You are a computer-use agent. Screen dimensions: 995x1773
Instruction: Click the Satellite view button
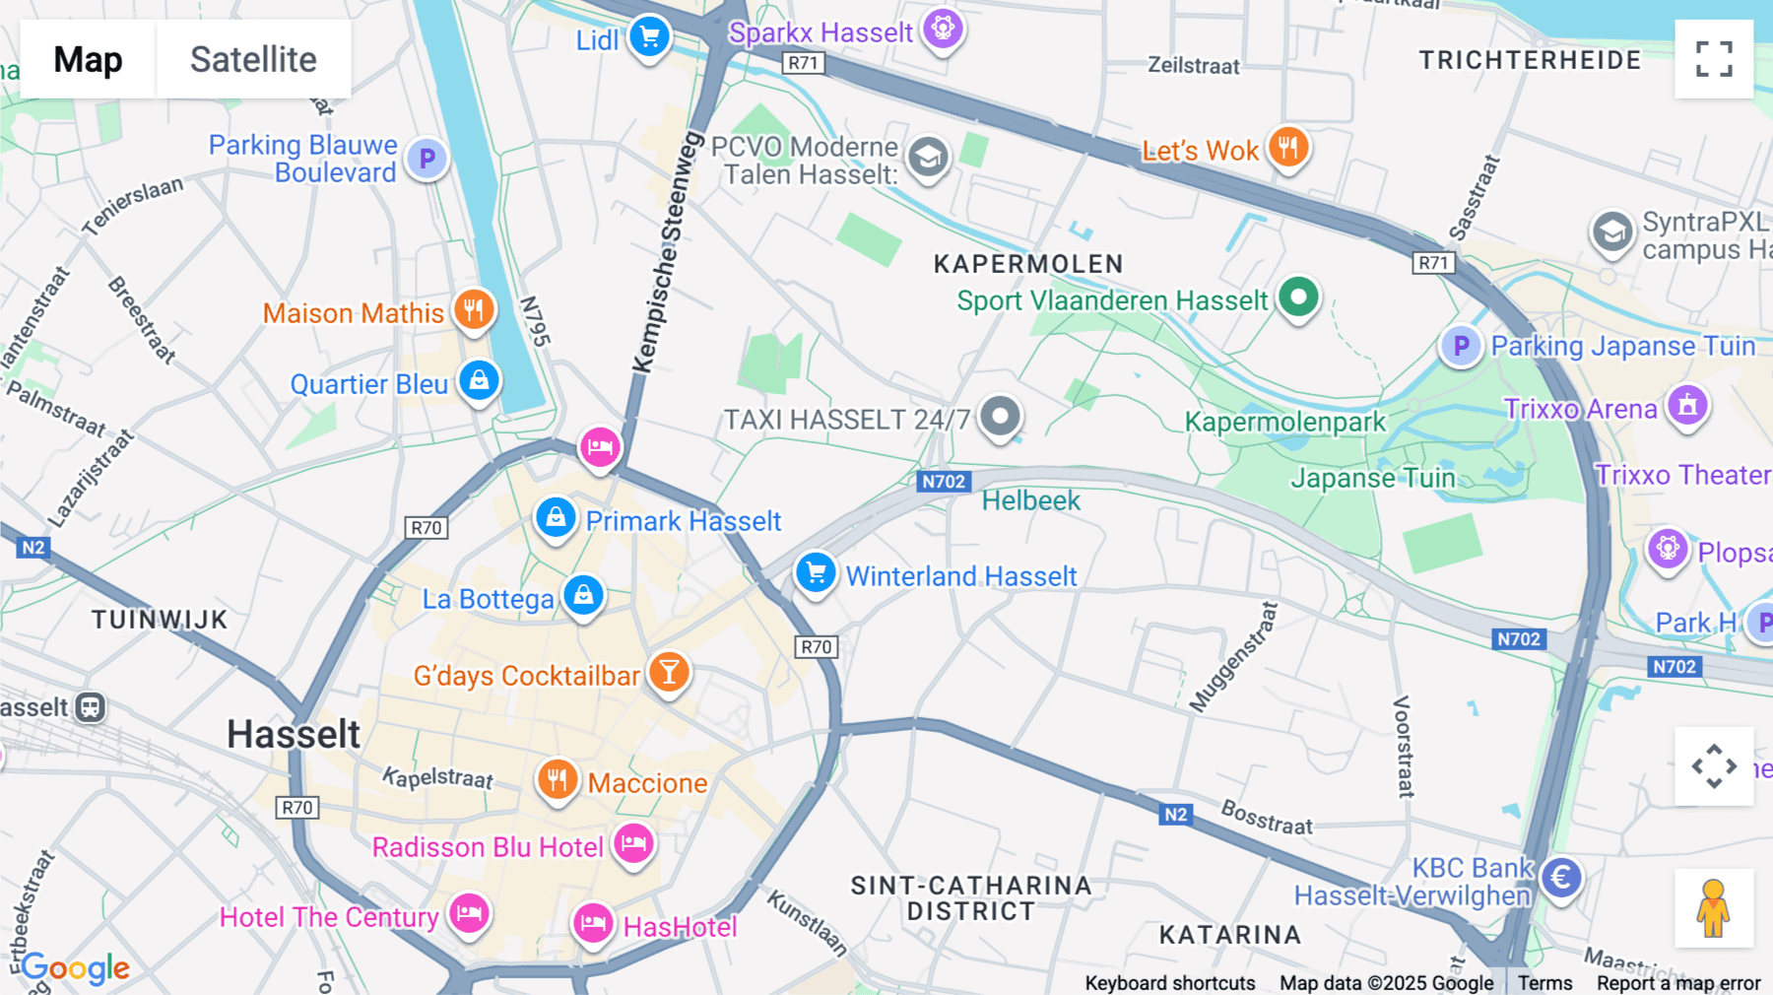click(x=253, y=59)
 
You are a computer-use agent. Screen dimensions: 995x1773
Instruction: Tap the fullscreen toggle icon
click(x=1714, y=59)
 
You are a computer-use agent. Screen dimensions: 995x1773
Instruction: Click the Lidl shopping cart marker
click(x=649, y=37)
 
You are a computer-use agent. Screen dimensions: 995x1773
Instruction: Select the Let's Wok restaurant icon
click(x=1287, y=148)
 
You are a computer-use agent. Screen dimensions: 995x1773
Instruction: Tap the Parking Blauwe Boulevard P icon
click(x=427, y=158)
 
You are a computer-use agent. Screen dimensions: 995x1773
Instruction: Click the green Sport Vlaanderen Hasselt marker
click(x=1298, y=297)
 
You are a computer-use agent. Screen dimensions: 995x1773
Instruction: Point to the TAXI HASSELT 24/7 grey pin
click(x=1000, y=416)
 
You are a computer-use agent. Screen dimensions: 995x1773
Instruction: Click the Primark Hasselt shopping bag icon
click(x=556, y=517)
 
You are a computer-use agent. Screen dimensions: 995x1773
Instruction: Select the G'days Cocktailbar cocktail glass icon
click(x=669, y=673)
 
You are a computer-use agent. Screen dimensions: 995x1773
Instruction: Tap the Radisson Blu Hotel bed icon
click(x=633, y=843)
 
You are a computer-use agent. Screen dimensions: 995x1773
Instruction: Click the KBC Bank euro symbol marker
click(x=1561, y=877)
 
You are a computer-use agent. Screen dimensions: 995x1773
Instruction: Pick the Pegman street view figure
click(x=1713, y=908)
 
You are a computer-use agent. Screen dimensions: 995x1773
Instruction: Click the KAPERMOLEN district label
click(x=1028, y=264)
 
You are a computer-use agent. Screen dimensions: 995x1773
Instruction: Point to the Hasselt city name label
click(x=294, y=734)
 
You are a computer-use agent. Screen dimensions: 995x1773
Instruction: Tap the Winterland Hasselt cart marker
click(x=816, y=572)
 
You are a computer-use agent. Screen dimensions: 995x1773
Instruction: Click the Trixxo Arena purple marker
click(x=1687, y=405)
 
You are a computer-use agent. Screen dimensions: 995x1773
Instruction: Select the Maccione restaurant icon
click(x=557, y=780)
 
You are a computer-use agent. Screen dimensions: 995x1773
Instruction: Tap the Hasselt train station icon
click(x=91, y=707)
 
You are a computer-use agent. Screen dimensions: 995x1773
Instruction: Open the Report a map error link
click(x=1677, y=983)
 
